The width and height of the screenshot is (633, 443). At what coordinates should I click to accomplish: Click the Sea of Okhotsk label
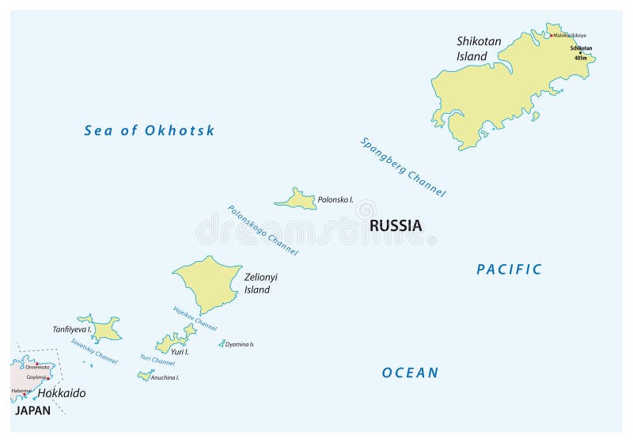click(149, 131)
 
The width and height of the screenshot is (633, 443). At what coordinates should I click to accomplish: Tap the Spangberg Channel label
click(403, 167)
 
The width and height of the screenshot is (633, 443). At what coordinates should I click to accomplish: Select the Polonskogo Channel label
click(263, 230)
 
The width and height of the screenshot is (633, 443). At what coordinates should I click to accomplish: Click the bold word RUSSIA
click(396, 226)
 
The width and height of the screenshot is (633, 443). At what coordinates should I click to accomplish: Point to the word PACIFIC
click(509, 270)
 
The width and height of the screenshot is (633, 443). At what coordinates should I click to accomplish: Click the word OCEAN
click(410, 373)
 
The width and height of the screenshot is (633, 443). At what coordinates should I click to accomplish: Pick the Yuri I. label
click(180, 352)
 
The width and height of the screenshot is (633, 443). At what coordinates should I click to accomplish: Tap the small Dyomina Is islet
click(222, 343)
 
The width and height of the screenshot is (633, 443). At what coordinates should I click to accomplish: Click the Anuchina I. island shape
click(146, 376)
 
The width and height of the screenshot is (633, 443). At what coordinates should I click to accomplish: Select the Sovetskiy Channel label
click(94, 351)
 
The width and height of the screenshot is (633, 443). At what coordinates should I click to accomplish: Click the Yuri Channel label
click(157, 361)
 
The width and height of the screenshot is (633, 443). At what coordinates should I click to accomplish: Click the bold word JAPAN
click(32, 411)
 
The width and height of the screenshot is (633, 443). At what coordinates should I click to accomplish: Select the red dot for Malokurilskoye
click(551, 35)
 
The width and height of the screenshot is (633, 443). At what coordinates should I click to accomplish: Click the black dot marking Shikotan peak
click(579, 53)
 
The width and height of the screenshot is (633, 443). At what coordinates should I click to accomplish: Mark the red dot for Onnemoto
click(36, 363)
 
